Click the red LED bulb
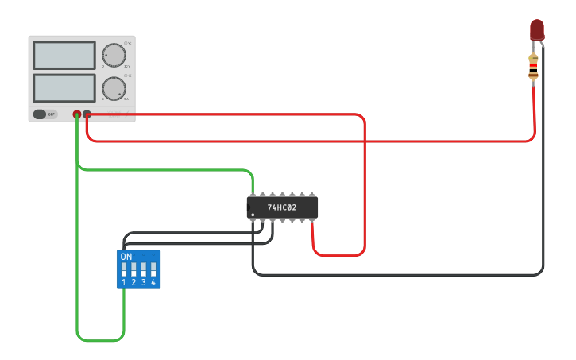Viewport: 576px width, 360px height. [537, 29]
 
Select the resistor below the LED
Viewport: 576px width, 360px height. [534, 67]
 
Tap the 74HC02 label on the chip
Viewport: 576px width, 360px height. [281, 208]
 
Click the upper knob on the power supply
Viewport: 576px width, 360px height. [114, 55]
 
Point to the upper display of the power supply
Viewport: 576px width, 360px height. [64, 56]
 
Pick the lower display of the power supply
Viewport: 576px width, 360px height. [64, 88]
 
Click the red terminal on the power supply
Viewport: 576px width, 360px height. [87, 114]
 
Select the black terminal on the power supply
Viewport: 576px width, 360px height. [77, 114]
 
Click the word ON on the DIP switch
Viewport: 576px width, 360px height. [126, 257]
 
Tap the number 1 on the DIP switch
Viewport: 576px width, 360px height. [124, 282]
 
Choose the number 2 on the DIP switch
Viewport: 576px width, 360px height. [133, 282]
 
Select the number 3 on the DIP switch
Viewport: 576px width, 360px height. [143, 282]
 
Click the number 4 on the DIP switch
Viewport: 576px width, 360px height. [153, 282]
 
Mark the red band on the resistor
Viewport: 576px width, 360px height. [534, 63]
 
